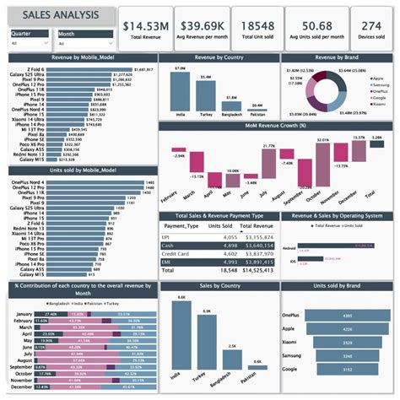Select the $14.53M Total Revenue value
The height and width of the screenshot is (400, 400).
tap(147, 26)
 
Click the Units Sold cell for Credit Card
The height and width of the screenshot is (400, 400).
tap(230, 253)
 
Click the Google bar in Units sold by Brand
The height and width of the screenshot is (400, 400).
tap(347, 369)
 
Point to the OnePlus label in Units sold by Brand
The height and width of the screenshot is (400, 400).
tap(290, 316)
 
